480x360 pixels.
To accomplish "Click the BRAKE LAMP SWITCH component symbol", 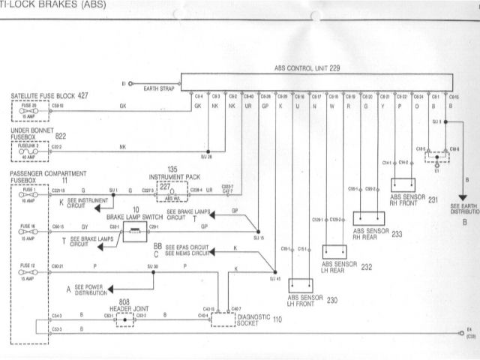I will click(136, 235).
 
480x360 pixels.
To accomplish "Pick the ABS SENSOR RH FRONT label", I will click(405, 197).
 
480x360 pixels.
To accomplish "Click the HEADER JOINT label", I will click(123, 307).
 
